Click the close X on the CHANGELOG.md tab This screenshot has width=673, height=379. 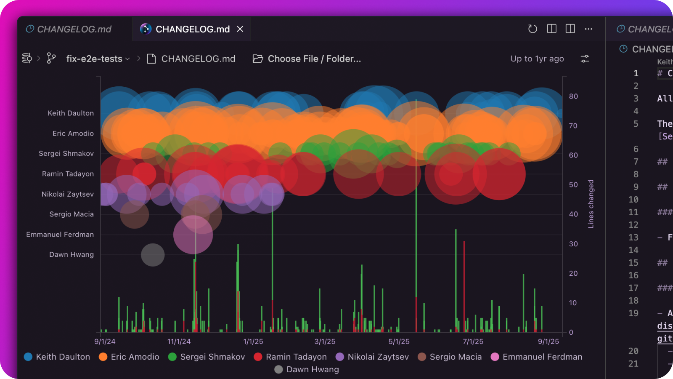coord(240,29)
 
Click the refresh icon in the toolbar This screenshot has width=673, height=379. coord(533,29)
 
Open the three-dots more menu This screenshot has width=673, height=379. coord(588,29)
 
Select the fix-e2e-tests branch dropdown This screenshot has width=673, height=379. coord(98,59)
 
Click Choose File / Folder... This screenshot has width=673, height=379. coord(307,59)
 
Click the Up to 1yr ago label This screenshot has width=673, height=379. coord(537,59)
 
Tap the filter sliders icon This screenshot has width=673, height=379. coord(585,59)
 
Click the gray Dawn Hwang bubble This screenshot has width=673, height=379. coord(153,255)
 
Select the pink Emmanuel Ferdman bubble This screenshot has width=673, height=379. coord(193,235)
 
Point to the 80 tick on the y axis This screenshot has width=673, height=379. coord(573,96)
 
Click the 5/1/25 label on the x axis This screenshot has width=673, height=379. coord(399,342)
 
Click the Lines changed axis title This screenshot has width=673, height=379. coord(591,204)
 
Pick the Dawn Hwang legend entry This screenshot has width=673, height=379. coord(307,370)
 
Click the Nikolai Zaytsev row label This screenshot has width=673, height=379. coord(68,194)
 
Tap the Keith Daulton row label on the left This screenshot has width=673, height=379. coord(71,113)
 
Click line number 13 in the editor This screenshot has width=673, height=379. coord(633,238)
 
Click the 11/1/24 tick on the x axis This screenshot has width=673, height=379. coord(179,342)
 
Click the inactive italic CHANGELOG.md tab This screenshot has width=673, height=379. coord(69,29)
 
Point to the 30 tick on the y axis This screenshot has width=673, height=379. coord(573,244)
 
